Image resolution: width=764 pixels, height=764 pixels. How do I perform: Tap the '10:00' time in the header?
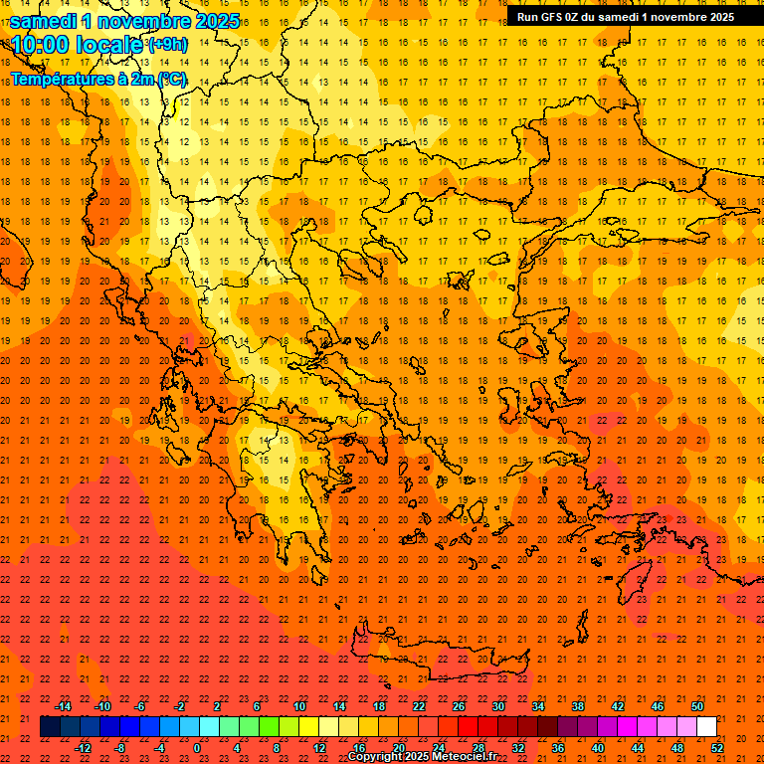tap(42, 45)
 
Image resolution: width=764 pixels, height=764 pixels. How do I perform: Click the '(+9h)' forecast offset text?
tap(166, 45)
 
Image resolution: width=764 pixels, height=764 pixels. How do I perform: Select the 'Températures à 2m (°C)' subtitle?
tap(97, 79)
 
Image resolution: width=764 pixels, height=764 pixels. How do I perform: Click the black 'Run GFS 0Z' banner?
tap(625, 16)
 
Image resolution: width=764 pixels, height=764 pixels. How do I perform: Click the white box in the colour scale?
tap(706, 727)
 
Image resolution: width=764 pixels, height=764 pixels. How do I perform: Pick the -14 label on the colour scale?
tap(63, 706)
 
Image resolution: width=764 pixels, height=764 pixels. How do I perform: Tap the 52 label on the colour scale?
tap(717, 748)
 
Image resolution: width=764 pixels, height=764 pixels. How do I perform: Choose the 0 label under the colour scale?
tap(198, 748)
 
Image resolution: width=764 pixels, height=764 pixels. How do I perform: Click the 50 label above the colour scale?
tap(696, 706)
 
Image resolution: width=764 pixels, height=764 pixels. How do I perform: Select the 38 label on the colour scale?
tap(577, 706)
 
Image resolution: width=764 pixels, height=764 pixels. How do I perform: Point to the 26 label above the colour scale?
tap(458, 706)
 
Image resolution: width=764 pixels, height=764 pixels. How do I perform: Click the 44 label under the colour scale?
tap(638, 748)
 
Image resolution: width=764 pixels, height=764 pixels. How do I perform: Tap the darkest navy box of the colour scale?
tap(50, 727)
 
